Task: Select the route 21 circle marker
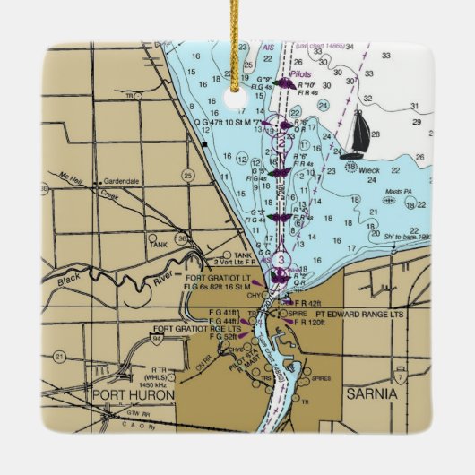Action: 59,356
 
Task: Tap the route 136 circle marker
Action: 181,238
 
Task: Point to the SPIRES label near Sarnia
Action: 320,379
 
